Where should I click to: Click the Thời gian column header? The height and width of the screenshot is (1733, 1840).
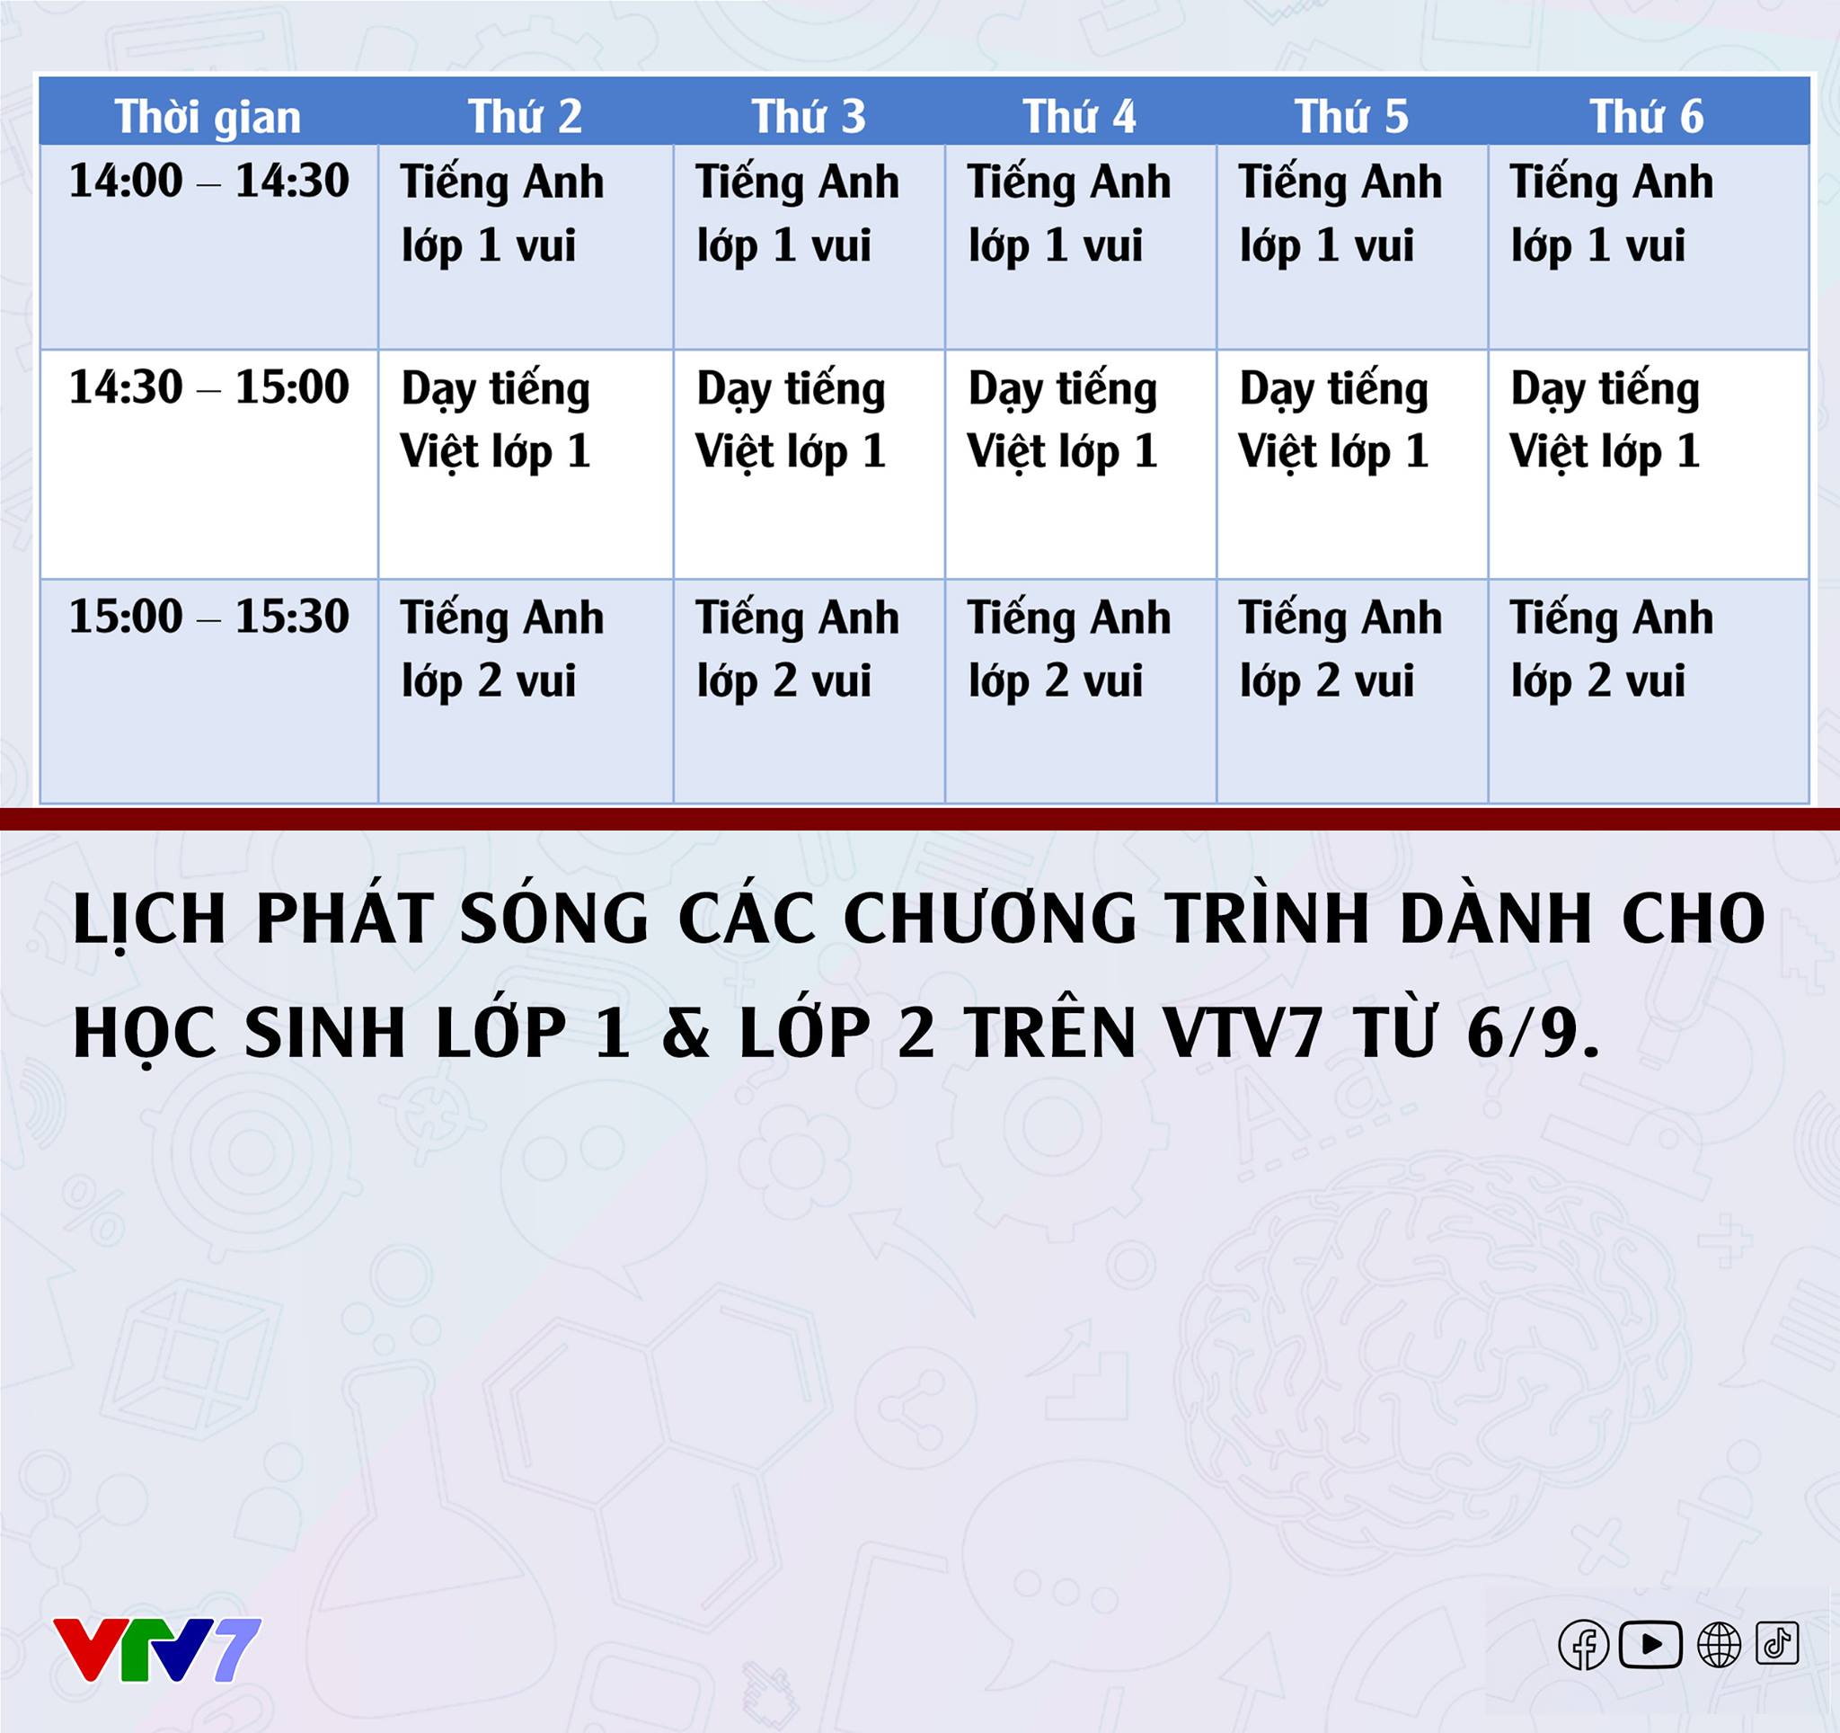point(208,117)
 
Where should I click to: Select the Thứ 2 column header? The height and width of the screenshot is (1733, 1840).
point(525,117)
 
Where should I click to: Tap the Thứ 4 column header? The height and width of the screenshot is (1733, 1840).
point(1079,117)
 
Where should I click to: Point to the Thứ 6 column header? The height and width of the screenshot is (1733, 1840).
point(1647,117)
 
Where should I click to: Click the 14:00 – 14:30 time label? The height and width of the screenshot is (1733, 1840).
point(209,181)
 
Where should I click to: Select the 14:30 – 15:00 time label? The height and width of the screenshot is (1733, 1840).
point(209,387)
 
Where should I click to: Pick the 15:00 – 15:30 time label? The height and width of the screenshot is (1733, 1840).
point(209,617)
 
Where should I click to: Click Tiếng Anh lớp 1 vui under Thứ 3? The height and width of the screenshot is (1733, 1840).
point(797,213)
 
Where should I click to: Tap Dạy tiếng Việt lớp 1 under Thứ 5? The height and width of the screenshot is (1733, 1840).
point(1333,420)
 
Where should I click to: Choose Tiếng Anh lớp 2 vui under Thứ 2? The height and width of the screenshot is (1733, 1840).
point(501,649)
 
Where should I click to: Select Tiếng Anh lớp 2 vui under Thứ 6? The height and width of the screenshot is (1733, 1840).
point(1612,649)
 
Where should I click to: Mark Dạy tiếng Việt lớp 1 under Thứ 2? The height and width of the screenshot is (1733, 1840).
point(495,420)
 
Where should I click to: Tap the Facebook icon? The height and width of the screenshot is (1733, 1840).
point(1584,1645)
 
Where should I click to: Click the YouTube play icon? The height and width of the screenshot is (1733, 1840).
point(1650,1645)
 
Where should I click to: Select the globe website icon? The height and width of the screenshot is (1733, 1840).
point(1719,1645)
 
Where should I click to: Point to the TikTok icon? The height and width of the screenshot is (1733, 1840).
point(1777,1643)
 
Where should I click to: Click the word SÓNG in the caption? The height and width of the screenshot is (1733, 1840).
point(553,920)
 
